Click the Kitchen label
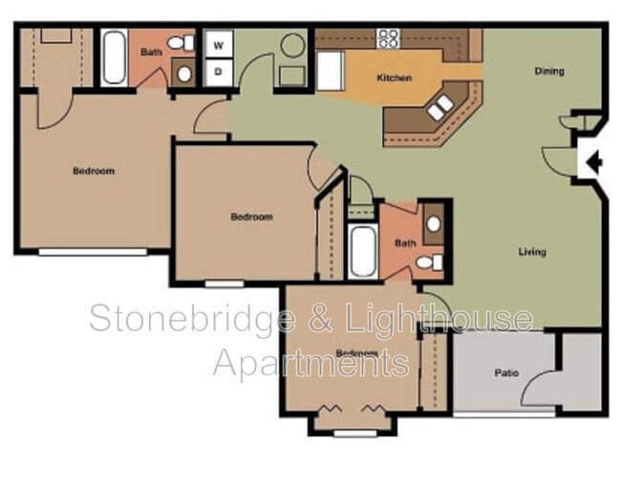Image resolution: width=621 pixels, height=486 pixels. (394, 78)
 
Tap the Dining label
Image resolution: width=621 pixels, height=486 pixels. (548, 71)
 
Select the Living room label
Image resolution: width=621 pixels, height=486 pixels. (532, 252)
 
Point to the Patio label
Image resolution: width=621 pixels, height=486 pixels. (506, 372)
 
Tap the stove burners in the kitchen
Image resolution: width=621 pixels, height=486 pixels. (387, 38)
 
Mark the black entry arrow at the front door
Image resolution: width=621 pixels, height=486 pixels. (593, 162)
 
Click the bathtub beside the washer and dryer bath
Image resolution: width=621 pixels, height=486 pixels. (114, 57)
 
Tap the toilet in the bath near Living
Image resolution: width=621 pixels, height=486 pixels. (430, 262)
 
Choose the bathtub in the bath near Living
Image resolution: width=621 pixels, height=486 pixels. (362, 250)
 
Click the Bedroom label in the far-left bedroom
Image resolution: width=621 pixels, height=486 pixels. (94, 171)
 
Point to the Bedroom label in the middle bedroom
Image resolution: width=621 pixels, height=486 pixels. (251, 217)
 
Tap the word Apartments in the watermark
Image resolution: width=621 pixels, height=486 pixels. (311, 362)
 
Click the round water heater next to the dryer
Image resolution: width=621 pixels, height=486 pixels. (292, 45)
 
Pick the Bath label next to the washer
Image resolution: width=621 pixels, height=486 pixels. (151, 53)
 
